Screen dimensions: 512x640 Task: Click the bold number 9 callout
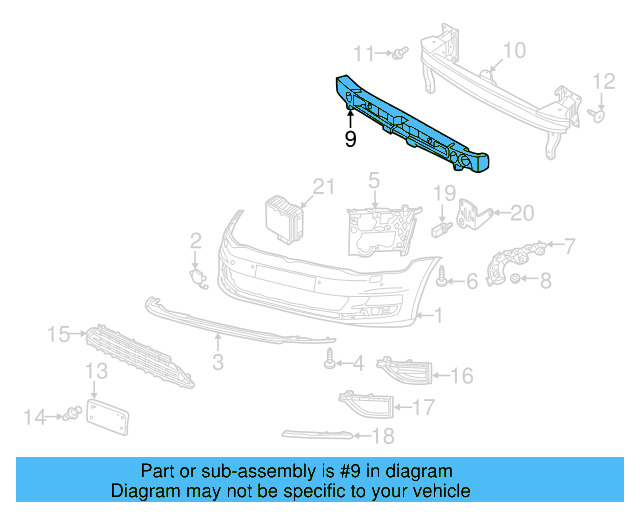pyautogui.click(x=350, y=140)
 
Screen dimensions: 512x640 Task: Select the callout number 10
pyautogui.click(x=513, y=50)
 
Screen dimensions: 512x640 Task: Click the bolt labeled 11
pyautogui.click(x=398, y=52)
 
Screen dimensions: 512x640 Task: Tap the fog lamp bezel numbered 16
pyautogui.click(x=403, y=372)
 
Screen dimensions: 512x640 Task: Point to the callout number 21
pyautogui.click(x=321, y=186)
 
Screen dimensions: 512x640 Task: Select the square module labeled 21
pyautogui.click(x=282, y=217)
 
